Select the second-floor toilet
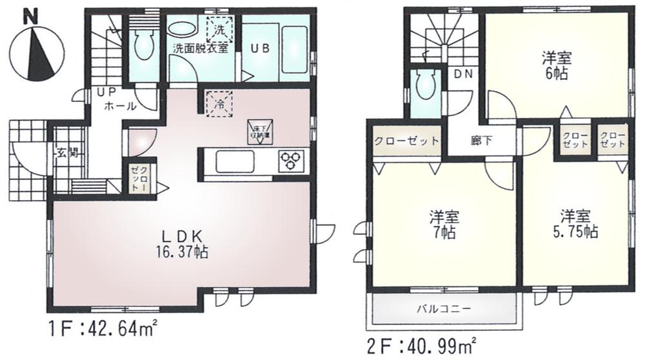(425, 87)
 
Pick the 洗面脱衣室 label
(199, 49)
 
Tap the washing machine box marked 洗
(220, 29)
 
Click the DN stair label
(463, 74)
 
